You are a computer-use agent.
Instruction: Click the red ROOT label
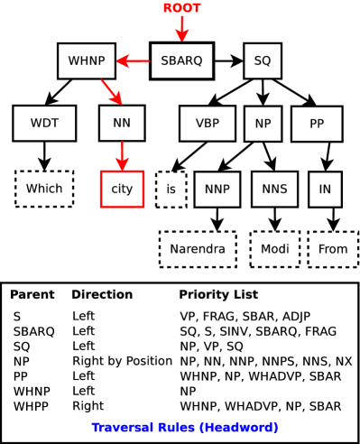tap(181, 8)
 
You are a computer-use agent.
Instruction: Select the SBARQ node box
tap(181, 60)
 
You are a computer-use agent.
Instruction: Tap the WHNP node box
tap(87, 60)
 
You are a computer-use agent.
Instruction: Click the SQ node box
tap(262, 60)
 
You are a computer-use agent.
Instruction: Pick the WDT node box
tap(44, 124)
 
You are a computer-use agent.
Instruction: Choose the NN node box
tap(122, 124)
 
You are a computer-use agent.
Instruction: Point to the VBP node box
tap(207, 124)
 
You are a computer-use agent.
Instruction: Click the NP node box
tap(263, 124)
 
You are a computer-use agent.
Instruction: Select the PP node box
tap(317, 124)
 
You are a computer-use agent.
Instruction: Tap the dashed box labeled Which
tap(44, 189)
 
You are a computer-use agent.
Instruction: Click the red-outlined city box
tap(122, 189)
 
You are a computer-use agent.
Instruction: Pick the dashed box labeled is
tap(171, 190)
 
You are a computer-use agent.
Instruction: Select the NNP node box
tap(217, 190)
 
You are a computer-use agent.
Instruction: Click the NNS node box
tap(274, 190)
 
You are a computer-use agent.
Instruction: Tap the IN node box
tap(325, 190)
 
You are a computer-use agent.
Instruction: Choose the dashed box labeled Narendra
tap(198, 249)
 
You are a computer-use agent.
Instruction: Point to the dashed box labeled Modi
tap(274, 249)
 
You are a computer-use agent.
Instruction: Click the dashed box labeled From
tap(333, 249)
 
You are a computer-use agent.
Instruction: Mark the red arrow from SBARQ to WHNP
tap(134, 61)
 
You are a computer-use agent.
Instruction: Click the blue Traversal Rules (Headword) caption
tap(184, 427)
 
